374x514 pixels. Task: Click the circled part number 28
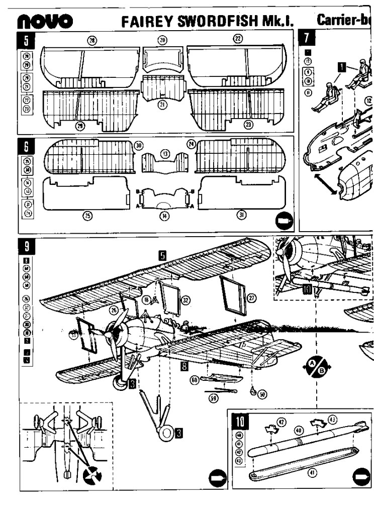coord(91,39)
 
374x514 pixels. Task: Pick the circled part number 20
coord(162,39)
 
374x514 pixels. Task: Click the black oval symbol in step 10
coord(360,474)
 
